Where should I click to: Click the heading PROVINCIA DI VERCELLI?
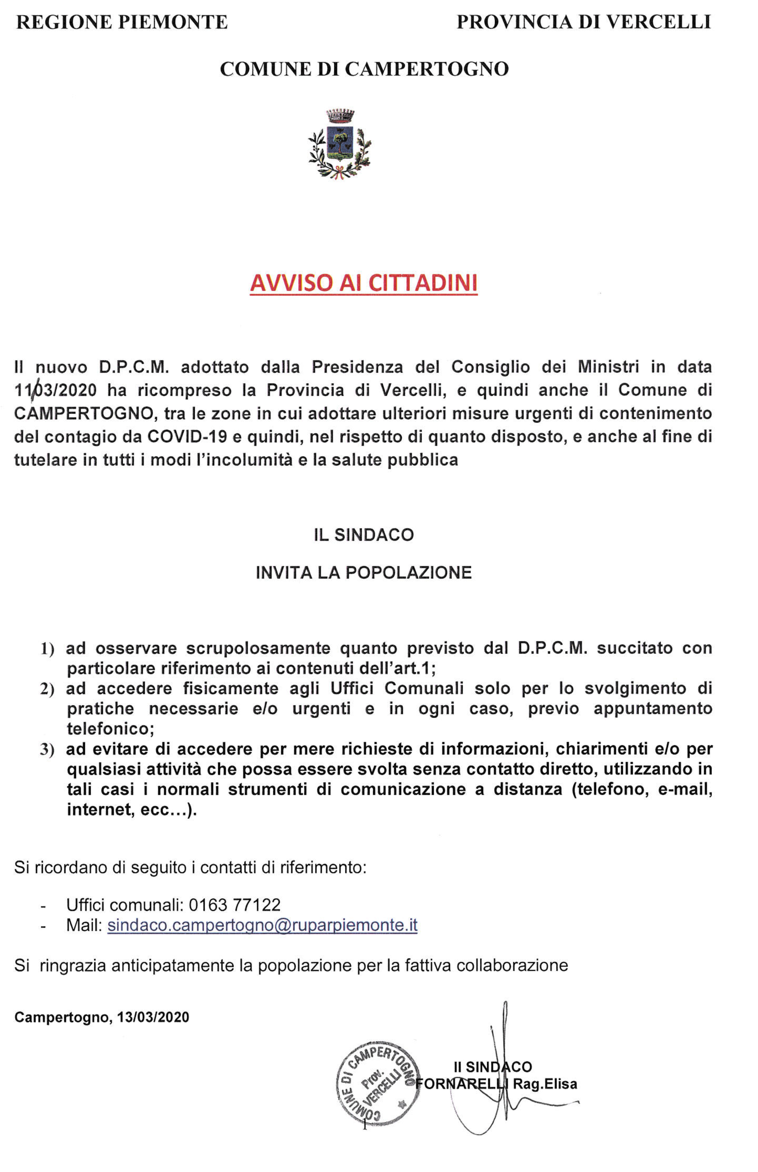pyautogui.click(x=584, y=22)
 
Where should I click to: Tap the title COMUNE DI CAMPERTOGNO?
pyautogui.click(x=364, y=69)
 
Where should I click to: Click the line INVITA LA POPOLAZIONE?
pyautogui.click(x=364, y=573)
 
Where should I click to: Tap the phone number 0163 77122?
pyautogui.click(x=235, y=905)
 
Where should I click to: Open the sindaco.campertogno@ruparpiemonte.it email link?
pyautogui.click(x=262, y=926)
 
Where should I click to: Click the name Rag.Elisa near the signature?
pyautogui.click(x=545, y=1084)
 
